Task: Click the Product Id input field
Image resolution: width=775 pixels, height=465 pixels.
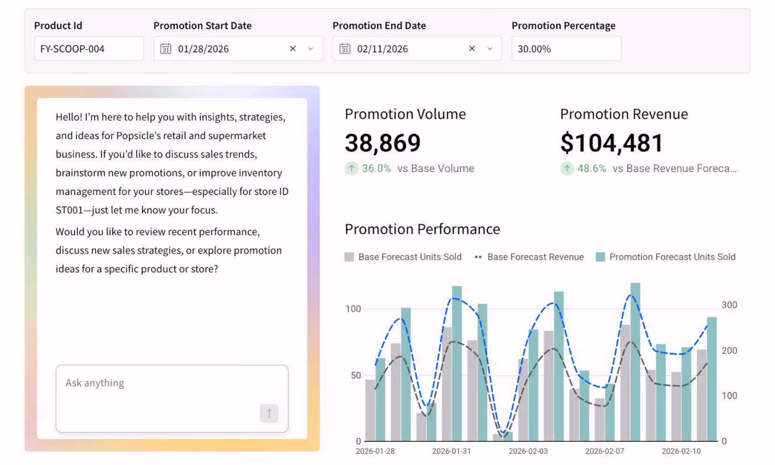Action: [x=88, y=49]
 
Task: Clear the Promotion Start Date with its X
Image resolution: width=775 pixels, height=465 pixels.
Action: [x=293, y=49]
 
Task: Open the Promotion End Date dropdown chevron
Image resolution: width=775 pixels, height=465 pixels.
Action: [x=490, y=49]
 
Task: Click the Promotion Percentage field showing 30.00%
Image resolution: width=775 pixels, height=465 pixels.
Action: [x=566, y=49]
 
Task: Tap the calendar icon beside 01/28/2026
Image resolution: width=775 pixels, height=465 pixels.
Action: [x=166, y=49]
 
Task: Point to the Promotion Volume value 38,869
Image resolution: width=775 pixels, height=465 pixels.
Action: [x=383, y=143]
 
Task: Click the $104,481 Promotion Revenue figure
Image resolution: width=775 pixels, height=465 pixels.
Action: [x=612, y=143]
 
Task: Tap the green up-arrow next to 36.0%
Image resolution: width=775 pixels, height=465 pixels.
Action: [x=351, y=168]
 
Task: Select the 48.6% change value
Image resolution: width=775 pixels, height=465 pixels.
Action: [x=592, y=168]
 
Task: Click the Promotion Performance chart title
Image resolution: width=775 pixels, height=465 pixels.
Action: [x=422, y=229]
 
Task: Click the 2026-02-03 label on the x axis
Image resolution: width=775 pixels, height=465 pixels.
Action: [x=528, y=451]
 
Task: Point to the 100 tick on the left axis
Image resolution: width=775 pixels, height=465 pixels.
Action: [x=353, y=309]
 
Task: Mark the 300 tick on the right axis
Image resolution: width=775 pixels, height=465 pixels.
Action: [x=729, y=305]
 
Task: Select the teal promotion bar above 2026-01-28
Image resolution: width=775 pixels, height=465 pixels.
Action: [x=380, y=399]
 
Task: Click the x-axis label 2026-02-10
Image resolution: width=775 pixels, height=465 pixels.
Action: [x=681, y=451]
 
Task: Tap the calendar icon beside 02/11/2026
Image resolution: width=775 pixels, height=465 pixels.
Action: [x=345, y=49]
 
